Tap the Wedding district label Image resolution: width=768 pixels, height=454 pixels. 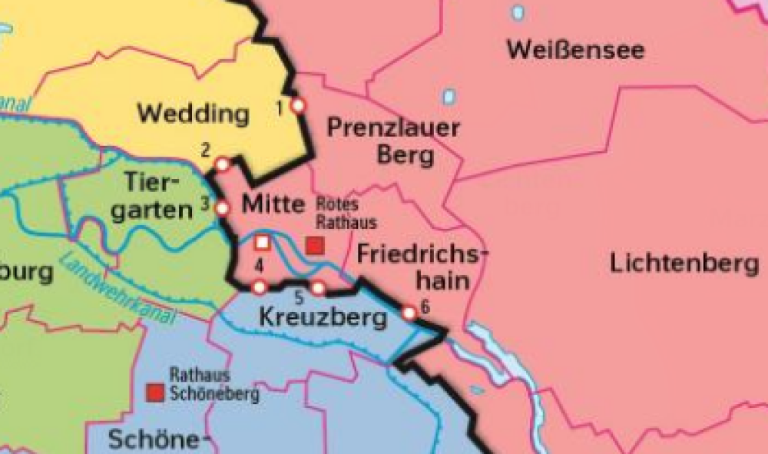pos(193,114)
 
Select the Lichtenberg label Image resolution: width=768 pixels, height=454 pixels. pos(684,263)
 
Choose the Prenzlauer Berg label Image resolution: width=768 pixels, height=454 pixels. pos(393,141)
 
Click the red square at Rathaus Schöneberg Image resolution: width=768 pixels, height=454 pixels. pos(157,393)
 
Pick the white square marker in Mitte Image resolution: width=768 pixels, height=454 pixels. pos(262,242)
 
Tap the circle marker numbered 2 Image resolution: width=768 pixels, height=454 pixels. pos(222,164)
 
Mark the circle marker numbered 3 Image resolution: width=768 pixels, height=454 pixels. pos(222,207)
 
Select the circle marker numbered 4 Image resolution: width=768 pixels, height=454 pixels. pos(260,287)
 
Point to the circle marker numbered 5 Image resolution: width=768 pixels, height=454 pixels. pos(318,288)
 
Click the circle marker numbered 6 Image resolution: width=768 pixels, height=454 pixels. pos(409,313)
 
